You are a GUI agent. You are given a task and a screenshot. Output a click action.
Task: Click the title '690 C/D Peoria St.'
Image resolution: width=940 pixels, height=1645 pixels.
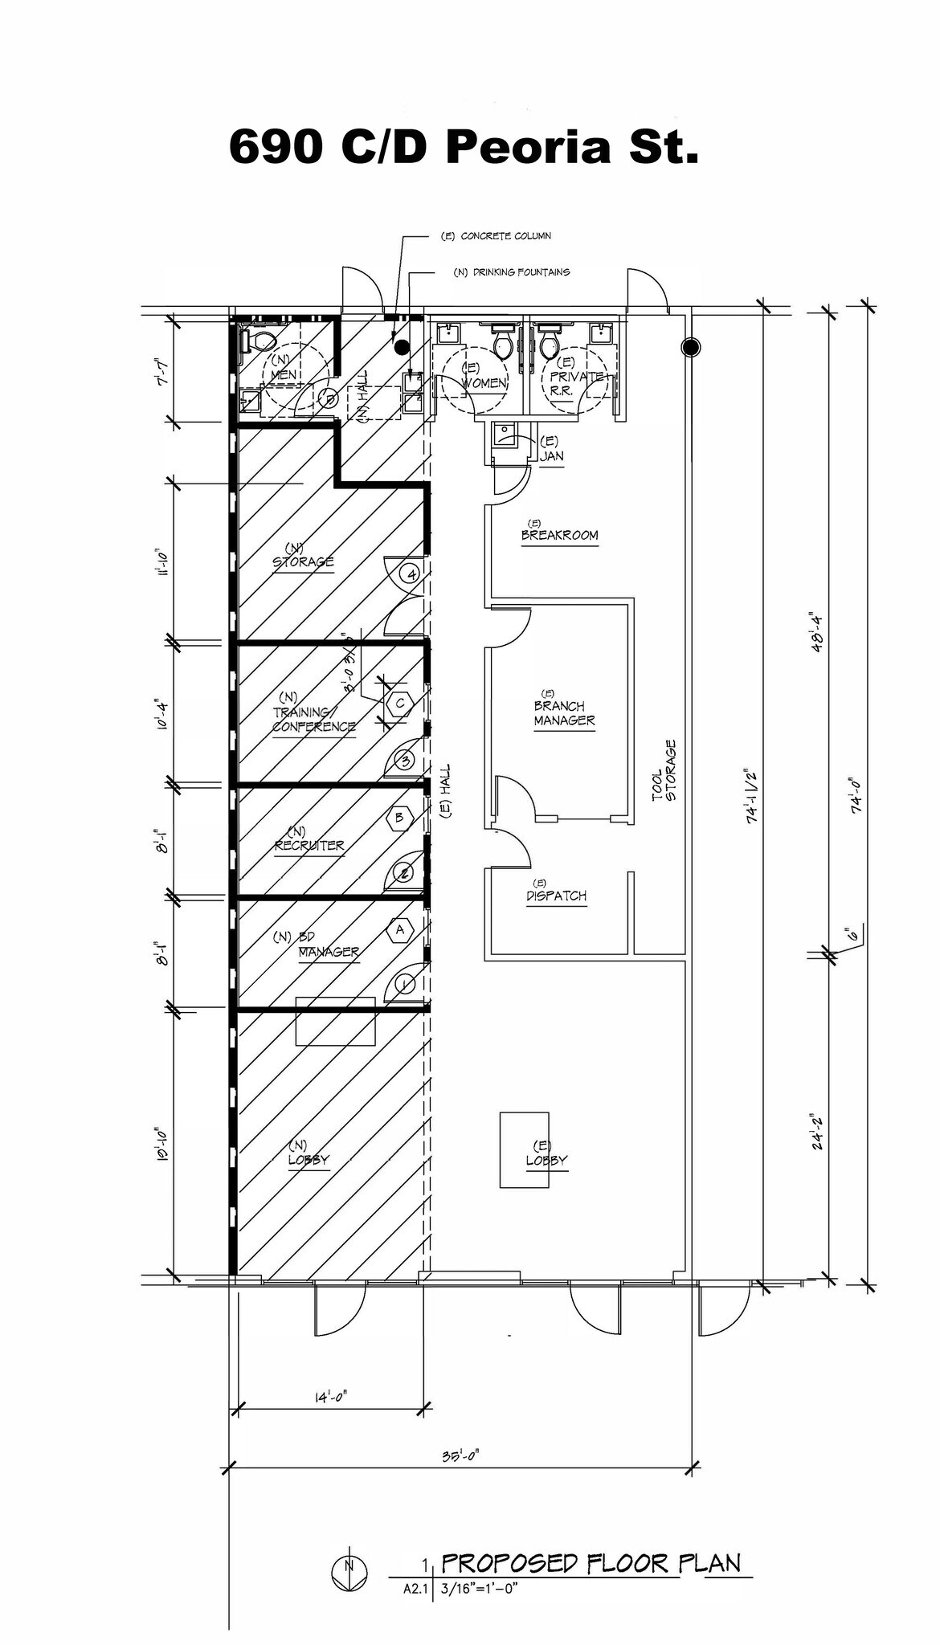coord(464,147)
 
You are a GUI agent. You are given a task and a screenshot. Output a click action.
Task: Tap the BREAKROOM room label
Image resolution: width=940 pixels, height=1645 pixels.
coord(559,534)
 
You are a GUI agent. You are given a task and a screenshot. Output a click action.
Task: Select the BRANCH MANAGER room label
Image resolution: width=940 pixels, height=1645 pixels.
coord(564,712)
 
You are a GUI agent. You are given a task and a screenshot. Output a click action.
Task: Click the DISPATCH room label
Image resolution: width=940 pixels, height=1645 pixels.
coord(556,895)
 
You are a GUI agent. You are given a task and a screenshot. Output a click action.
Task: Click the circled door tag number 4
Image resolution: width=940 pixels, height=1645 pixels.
coord(411,574)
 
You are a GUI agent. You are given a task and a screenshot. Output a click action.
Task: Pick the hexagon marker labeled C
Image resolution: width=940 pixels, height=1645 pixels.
coord(400,703)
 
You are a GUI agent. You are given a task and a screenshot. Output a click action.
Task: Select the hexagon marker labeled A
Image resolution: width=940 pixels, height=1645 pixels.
coord(400,929)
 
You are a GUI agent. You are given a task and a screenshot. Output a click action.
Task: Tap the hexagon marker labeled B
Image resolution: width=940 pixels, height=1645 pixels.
coord(399,818)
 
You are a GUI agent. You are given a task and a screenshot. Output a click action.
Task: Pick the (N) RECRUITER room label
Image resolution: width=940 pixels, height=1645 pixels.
coord(309,844)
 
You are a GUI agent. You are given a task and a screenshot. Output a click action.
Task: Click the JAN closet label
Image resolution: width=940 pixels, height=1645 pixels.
coord(551,455)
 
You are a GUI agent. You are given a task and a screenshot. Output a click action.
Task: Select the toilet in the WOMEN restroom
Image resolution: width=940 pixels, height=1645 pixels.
coord(504,345)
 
